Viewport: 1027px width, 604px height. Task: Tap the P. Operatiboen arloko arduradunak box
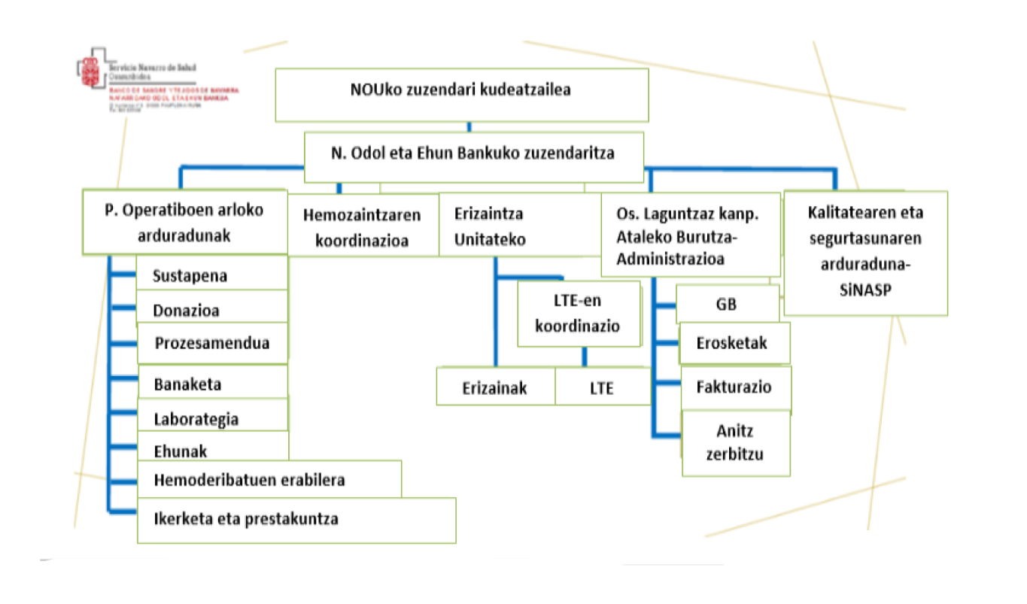pos(184,222)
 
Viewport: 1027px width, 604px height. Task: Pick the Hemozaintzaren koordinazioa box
pos(363,226)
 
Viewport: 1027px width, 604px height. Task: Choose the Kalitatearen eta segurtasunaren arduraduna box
pos(864,252)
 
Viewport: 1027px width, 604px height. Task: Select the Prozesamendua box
pos(212,344)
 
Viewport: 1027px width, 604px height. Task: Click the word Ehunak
pos(180,451)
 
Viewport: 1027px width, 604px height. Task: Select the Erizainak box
pos(495,388)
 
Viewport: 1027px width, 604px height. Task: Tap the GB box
pos(727,305)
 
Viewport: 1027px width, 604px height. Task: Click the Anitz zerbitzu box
pos(735,443)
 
